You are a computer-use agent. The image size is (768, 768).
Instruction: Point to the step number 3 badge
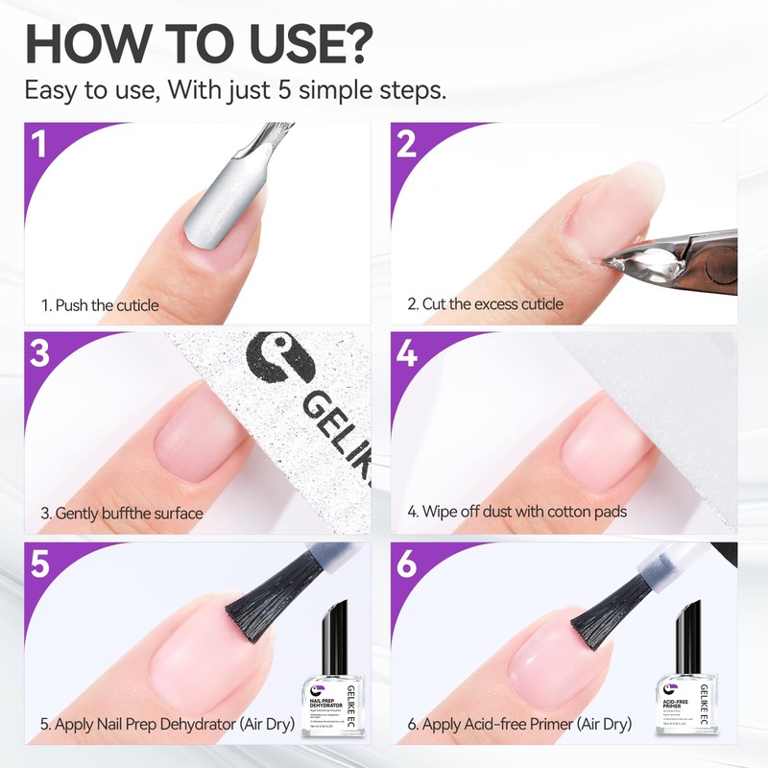point(39,353)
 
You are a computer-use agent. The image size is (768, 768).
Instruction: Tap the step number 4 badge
point(406,353)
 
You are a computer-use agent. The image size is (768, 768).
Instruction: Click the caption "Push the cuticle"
point(100,305)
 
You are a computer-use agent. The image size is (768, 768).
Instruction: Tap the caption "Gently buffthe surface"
point(122,513)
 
